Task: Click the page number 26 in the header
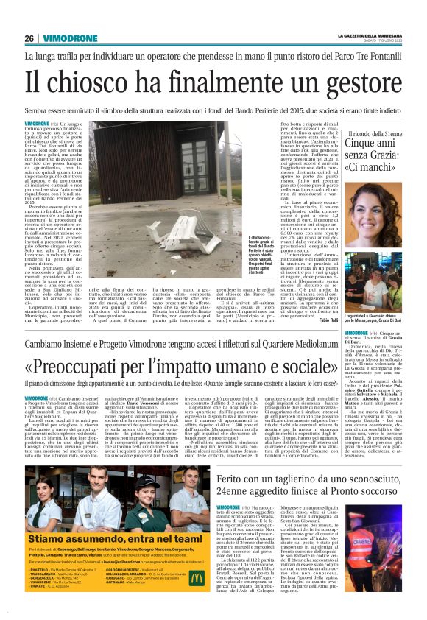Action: [x=29, y=38]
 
